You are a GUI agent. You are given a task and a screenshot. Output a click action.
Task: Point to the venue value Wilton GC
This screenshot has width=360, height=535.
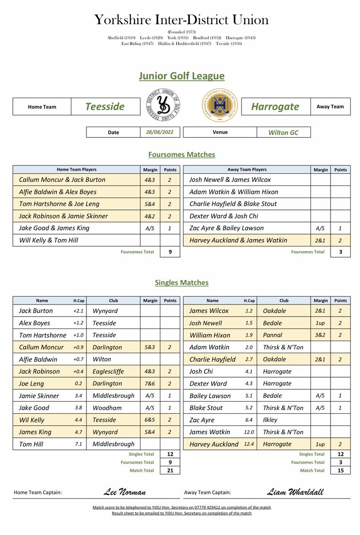[283, 132]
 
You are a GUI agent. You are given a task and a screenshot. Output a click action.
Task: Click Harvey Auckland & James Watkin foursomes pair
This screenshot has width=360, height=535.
[238, 240]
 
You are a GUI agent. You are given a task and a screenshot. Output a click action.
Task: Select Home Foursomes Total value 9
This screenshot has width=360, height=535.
[169, 252]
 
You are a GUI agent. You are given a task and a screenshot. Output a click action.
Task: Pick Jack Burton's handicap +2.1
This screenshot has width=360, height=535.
[78, 311]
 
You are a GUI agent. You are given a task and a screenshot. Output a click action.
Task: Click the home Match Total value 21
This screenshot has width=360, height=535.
[169, 470]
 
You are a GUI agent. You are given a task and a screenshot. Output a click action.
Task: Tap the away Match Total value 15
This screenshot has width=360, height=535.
[340, 470]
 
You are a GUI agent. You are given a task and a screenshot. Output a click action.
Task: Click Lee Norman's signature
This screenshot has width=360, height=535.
[124, 492]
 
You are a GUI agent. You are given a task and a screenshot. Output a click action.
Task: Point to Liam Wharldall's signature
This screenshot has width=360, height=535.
[295, 492]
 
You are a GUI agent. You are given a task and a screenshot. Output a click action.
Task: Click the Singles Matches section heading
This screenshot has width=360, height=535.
[181, 283]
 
